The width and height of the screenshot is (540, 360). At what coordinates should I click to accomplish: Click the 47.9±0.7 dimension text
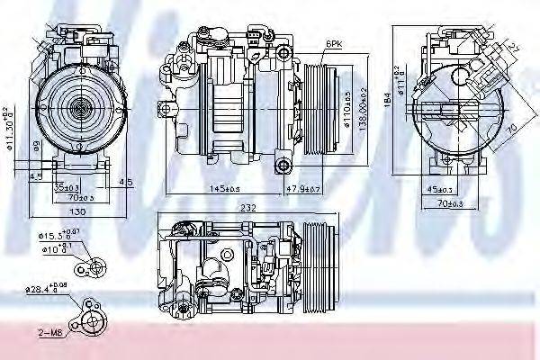(x=304, y=188)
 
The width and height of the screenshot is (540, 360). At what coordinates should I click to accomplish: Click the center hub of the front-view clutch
(x=77, y=106)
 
